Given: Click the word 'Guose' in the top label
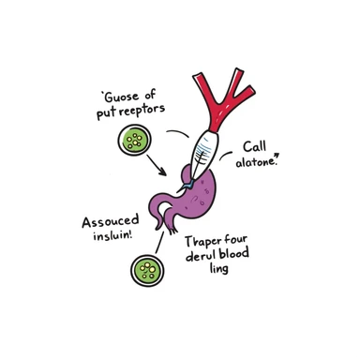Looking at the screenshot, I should click(121, 97).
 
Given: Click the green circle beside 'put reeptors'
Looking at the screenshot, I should click(134, 142).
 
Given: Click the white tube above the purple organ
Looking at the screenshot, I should click(206, 144).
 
